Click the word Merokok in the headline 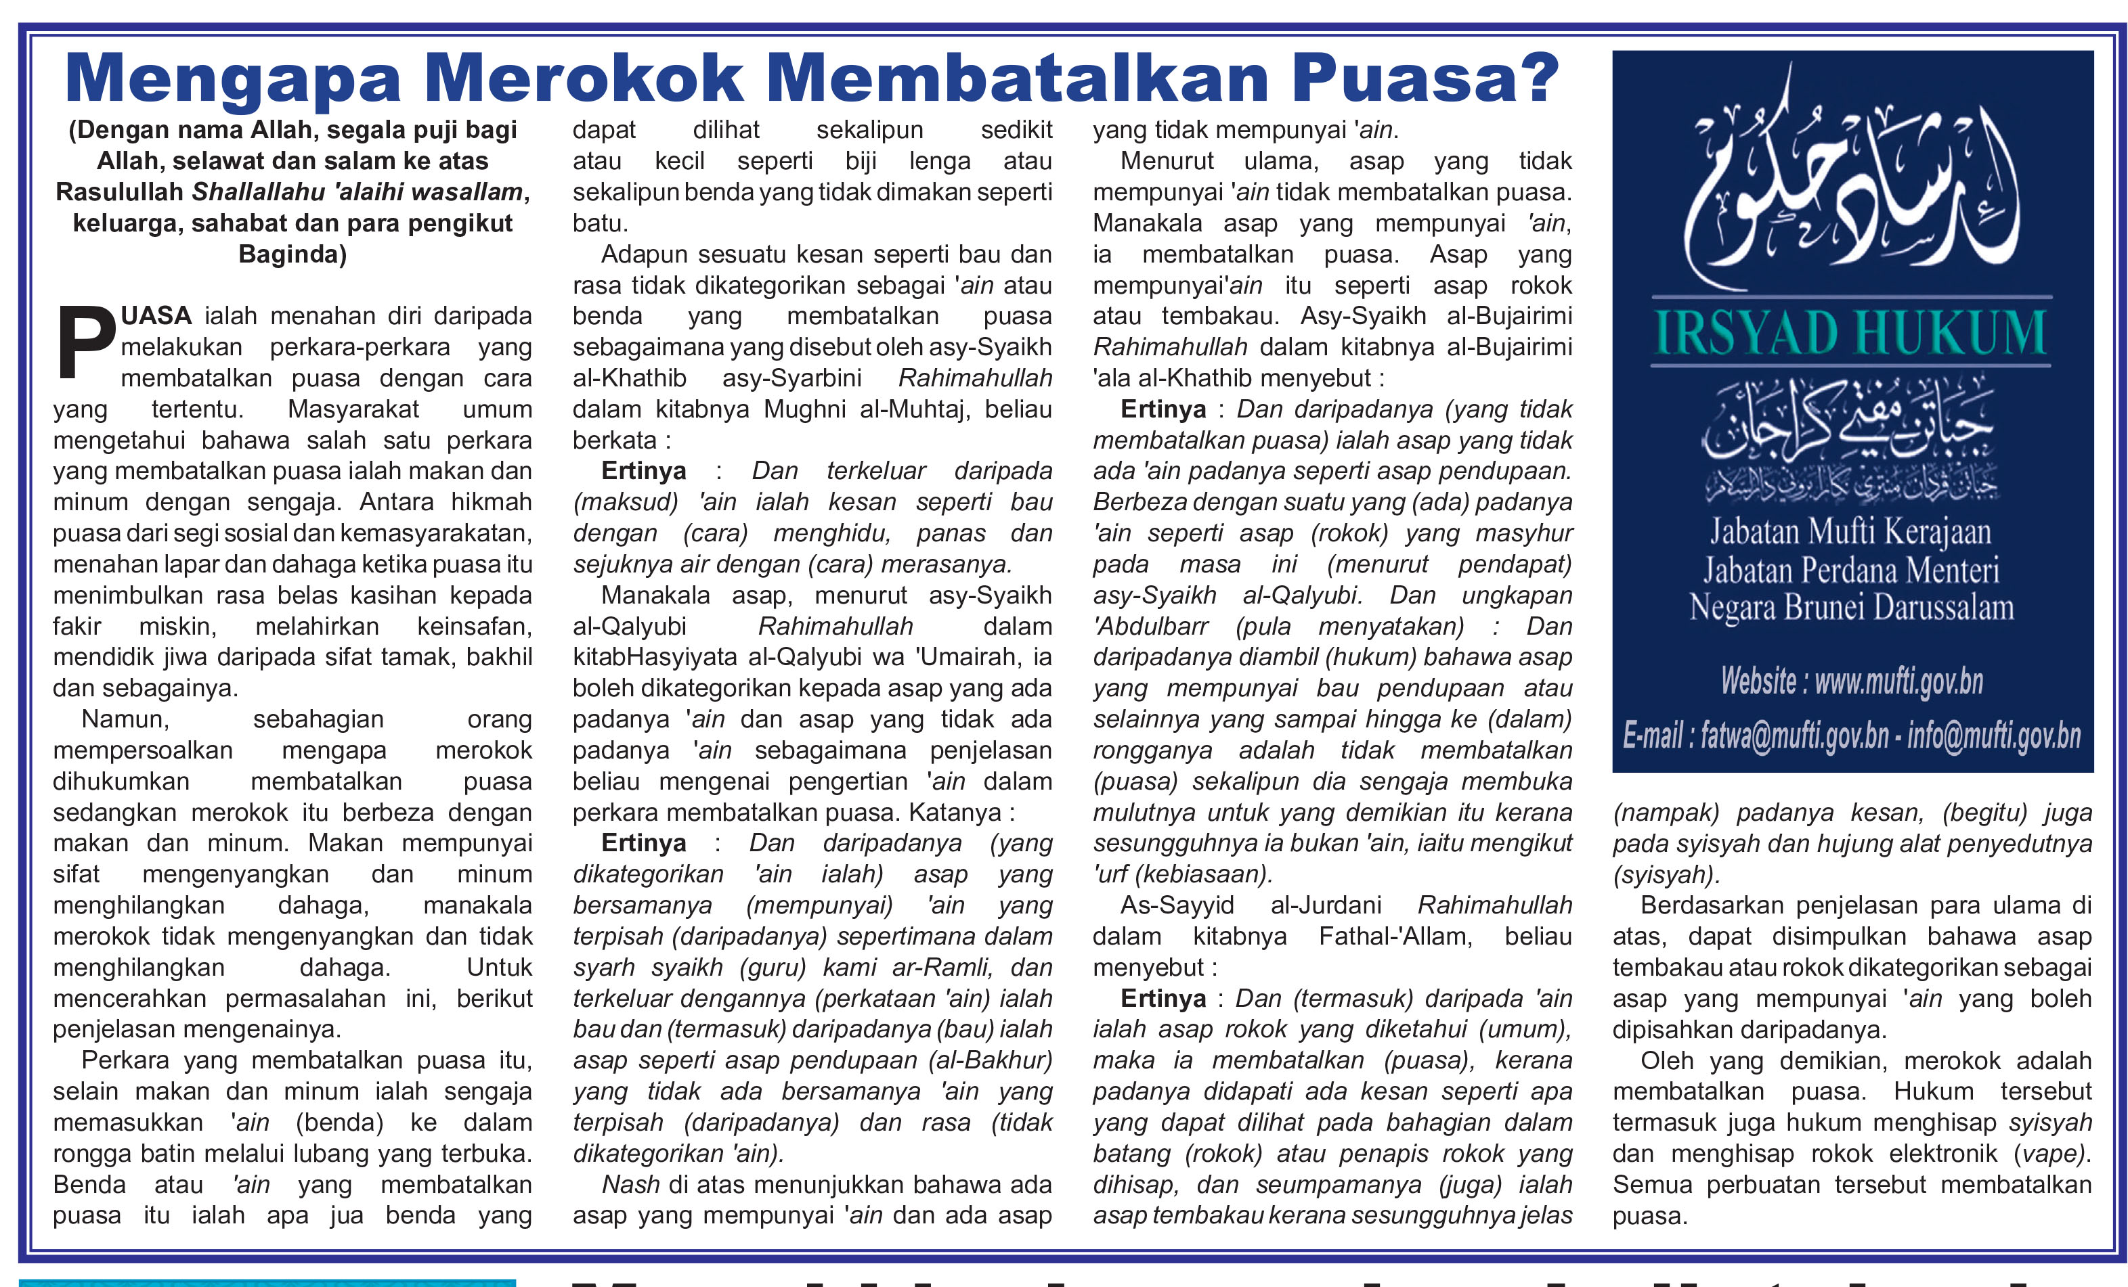click(x=583, y=79)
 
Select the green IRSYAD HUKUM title click(x=1851, y=333)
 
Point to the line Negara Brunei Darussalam click(x=1851, y=608)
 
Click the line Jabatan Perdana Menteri click(x=1851, y=570)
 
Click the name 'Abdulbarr click(x=1150, y=626)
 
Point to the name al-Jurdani click(x=1326, y=905)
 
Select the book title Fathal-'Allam click(x=1395, y=936)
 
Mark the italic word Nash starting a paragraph click(x=630, y=1184)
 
